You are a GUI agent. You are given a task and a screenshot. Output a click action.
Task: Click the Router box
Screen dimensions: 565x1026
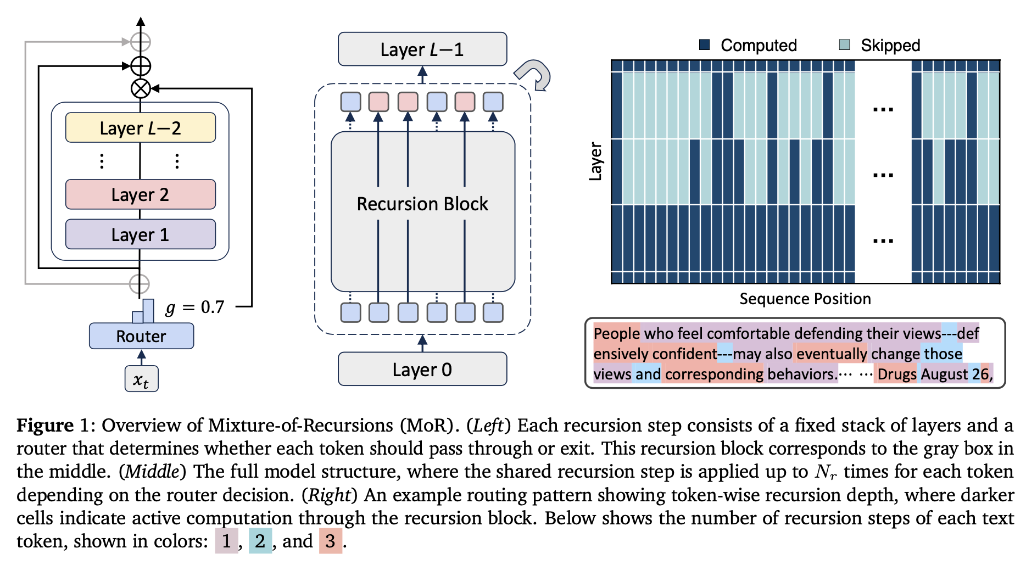[x=141, y=336]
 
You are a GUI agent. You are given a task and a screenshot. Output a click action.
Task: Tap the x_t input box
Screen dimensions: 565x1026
[x=141, y=379]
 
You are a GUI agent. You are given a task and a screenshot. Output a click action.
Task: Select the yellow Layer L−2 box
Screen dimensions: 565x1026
[x=140, y=127]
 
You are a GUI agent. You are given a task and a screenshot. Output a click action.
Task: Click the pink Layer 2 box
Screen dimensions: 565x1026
[x=140, y=194]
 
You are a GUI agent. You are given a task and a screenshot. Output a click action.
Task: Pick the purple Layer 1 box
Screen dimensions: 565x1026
[x=140, y=234]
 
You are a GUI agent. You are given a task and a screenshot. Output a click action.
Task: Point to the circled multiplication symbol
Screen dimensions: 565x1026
[x=141, y=88]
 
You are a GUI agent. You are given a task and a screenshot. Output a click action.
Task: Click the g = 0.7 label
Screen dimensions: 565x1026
[x=195, y=307]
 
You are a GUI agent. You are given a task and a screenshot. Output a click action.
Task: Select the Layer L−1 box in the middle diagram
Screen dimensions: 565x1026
[x=422, y=49]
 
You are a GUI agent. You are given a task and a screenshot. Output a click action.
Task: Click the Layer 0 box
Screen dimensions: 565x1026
[x=422, y=370]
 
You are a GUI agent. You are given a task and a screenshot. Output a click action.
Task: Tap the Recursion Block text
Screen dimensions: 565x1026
[x=422, y=204]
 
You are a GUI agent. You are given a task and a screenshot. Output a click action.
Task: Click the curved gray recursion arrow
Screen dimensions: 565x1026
[x=534, y=74]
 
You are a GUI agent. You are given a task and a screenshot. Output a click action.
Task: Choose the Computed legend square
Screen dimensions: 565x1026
[x=705, y=44]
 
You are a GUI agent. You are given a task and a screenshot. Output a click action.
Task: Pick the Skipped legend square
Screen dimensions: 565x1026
[x=845, y=44]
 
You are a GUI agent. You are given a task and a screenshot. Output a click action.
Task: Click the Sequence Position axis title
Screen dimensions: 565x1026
[x=805, y=299]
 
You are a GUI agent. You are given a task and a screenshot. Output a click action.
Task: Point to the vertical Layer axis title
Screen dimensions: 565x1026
[x=595, y=161]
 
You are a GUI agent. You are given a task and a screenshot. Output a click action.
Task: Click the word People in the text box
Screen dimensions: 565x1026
[x=616, y=333]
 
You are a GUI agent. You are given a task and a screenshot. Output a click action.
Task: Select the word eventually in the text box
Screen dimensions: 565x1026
[x=831, y=354]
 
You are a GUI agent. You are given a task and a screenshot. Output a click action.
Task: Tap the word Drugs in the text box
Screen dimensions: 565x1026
[x=896, y=374]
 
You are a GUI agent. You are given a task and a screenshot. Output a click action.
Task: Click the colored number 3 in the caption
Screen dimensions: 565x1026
[x=330, y=541]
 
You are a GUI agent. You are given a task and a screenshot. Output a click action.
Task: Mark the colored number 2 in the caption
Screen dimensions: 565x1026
[x=260, y=541]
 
